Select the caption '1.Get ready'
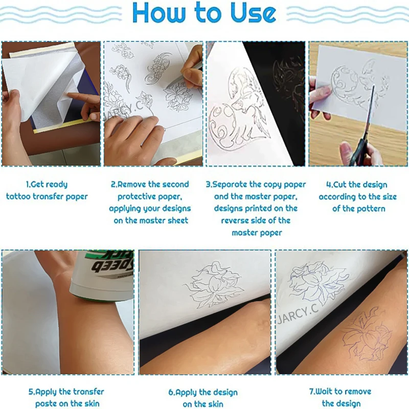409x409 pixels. coord(47,185)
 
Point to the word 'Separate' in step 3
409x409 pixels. coord(239,185)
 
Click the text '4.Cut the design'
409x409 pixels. coord(357,185)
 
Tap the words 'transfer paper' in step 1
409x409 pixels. coord(61,196)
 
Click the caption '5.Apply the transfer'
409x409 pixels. coord(66,392)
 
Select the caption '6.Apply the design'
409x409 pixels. coord(203,392)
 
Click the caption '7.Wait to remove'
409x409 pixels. coord(340,392)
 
